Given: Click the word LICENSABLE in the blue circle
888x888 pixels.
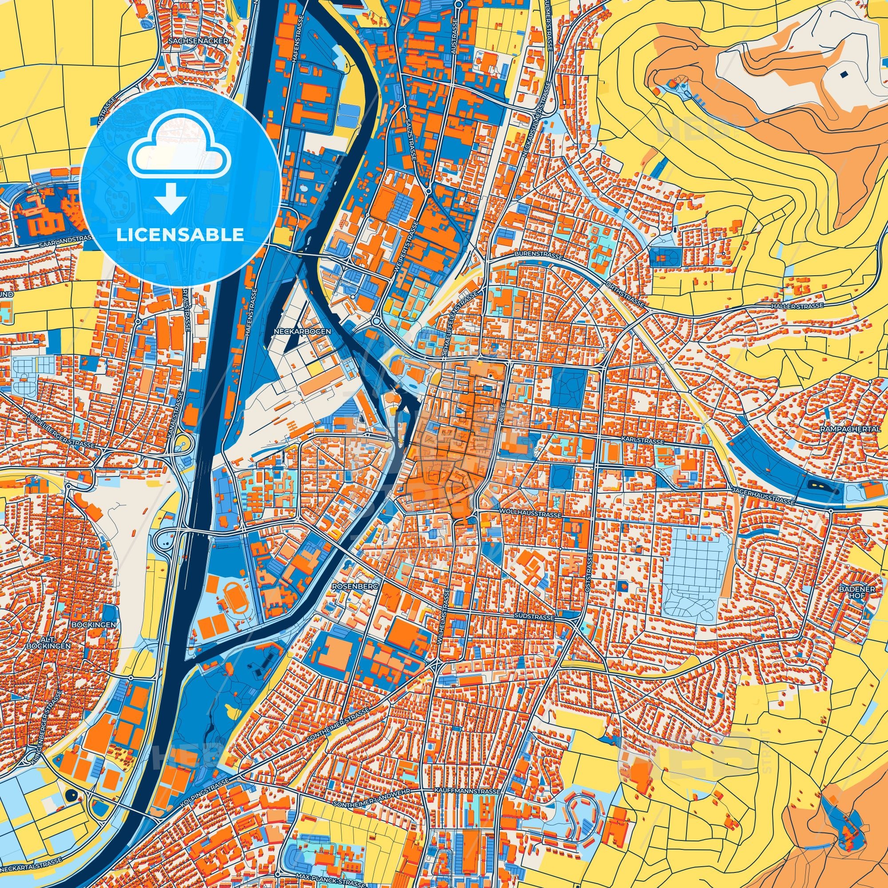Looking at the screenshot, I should [x=180, y=235].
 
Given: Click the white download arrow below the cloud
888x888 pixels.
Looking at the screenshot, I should [x=170, y=198].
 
